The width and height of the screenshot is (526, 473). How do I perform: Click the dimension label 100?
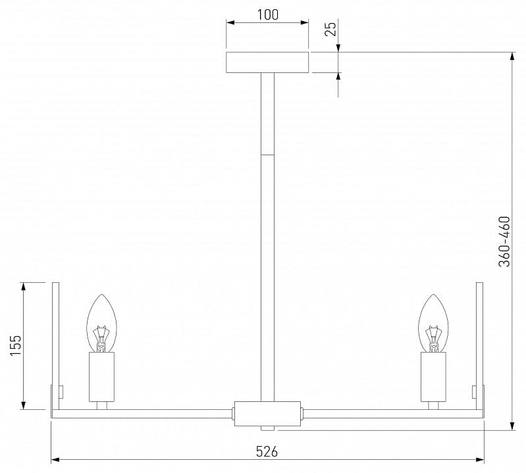tap(268, 14)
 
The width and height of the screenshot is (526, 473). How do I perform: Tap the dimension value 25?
tap(330, 29)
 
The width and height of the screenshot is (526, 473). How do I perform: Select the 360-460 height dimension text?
tap(504, 241)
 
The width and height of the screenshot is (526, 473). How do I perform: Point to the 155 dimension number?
tap(15, 345)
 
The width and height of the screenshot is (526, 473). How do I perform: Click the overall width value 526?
tap(267, 451)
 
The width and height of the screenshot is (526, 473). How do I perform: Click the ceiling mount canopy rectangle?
tap(267, 62)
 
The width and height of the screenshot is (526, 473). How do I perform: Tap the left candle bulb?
tap(101, 323)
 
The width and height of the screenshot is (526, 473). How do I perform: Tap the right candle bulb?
tap(433, 323)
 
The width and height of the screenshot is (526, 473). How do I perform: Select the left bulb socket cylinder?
tap(101, 377)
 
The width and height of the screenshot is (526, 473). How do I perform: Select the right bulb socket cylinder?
tap(433, 377)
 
